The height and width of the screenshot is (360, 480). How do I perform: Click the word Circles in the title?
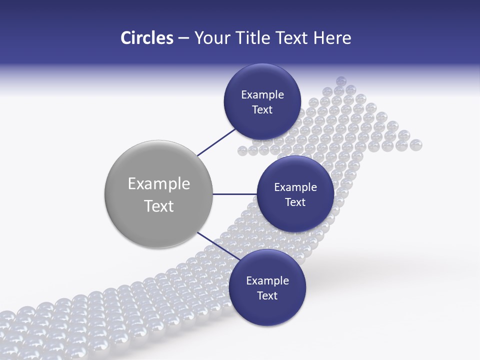point(146,38)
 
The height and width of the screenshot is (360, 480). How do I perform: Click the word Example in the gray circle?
point(159,184)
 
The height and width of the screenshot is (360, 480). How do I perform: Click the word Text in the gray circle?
point(159,206)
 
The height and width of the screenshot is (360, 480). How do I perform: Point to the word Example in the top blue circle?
point(262,95)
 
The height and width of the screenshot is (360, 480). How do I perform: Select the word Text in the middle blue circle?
point(295,202)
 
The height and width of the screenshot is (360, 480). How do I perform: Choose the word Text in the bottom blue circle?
point(267,295)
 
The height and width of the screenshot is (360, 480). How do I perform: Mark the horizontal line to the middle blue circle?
point(235,194)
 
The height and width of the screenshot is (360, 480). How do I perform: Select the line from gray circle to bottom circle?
point(216,247)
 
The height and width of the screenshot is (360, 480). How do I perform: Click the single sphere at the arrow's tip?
point(341,80)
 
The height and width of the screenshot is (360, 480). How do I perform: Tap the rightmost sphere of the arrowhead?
point(416,145)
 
